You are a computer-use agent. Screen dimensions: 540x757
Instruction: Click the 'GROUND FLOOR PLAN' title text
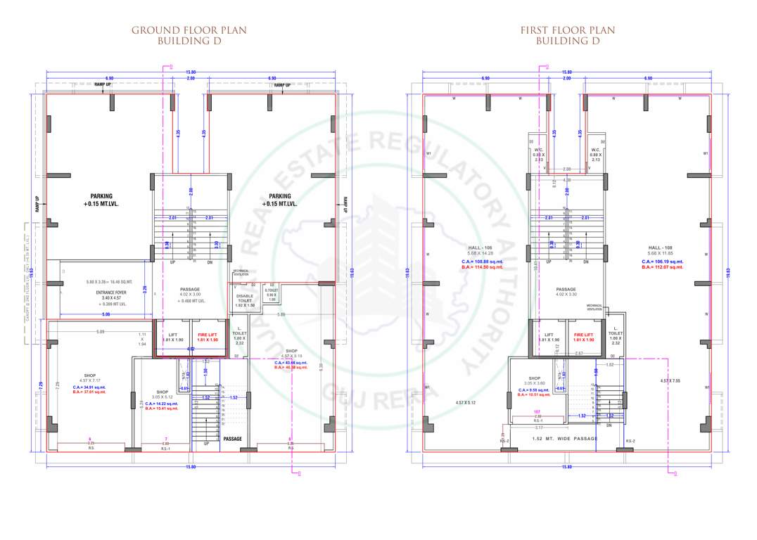pyautogui.click(x=189, y=30)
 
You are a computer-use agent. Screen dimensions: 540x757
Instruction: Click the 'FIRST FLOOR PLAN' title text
pyautogui.click(x=567, y=30)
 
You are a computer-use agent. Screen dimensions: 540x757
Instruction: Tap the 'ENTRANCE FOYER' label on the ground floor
pyautogui.click(x=103, y=297)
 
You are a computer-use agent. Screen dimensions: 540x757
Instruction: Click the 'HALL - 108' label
pyautogui.click(x=662, y=247)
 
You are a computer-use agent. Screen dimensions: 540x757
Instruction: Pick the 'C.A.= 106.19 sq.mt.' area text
pyautogui.click(x=662, y=261)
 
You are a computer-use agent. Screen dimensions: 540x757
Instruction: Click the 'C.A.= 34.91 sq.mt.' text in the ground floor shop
pyautogui.click(x=89, y=387)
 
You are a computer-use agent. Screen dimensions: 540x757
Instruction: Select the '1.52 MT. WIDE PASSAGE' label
pyautogui.click(x=566, y=438)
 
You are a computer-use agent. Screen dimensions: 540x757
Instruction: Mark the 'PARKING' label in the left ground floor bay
pyautogui.click(x=101, y=196)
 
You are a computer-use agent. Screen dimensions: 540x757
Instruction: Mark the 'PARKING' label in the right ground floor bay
pyautogui.click(x=280, y=196)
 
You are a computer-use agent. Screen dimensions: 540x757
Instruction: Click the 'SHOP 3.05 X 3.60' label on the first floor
pyautogui.click(x=533, y=380)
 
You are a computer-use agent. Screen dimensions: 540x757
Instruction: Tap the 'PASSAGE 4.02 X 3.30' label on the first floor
pyautogui.click(x=566, y=292)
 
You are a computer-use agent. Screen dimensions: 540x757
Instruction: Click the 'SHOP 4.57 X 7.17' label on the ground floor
pyautogui.click(x=89, y=378)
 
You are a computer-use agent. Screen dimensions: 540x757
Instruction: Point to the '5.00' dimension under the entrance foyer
pyautogui.click(x=106, y=314)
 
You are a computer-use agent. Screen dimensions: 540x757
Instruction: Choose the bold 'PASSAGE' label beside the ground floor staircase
pyautogui.click(x=232, y=439)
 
